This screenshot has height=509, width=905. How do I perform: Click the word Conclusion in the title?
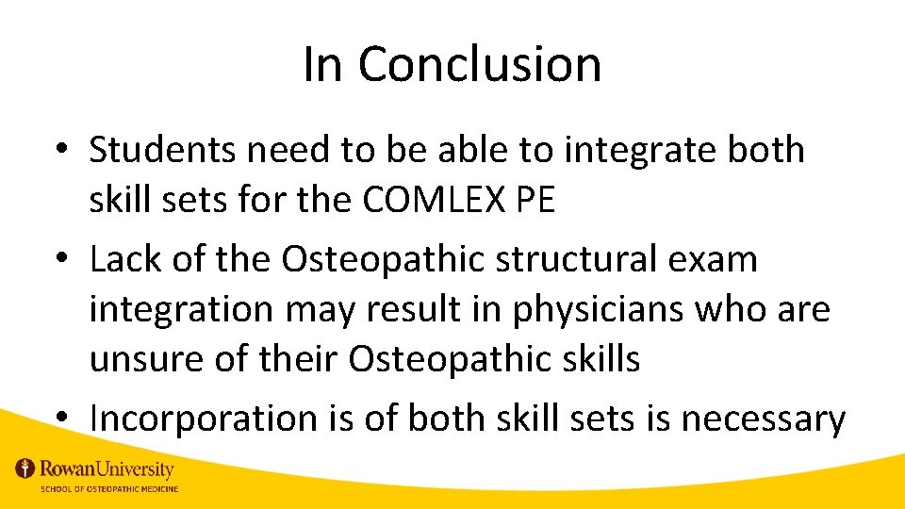479,64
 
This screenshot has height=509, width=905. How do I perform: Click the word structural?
590,259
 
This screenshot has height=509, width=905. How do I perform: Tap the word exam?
718,259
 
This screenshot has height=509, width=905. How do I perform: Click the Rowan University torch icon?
25,468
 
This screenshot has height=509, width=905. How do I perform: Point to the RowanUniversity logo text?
107,468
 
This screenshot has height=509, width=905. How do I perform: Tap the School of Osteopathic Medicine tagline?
108,488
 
